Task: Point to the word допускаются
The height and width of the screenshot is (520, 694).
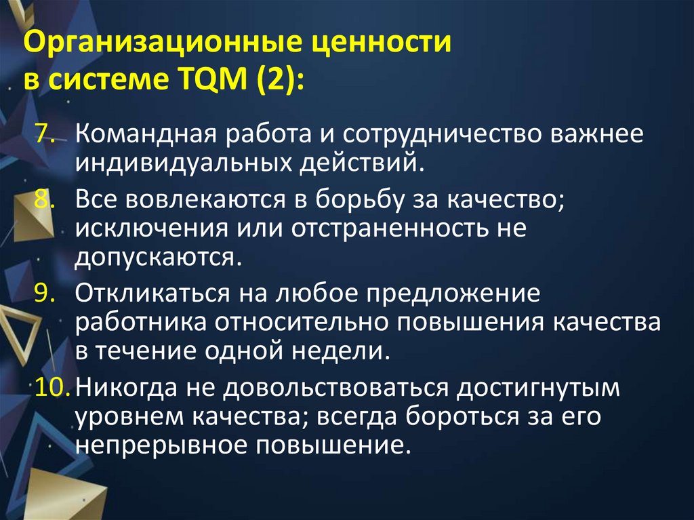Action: tap(158, 258)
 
